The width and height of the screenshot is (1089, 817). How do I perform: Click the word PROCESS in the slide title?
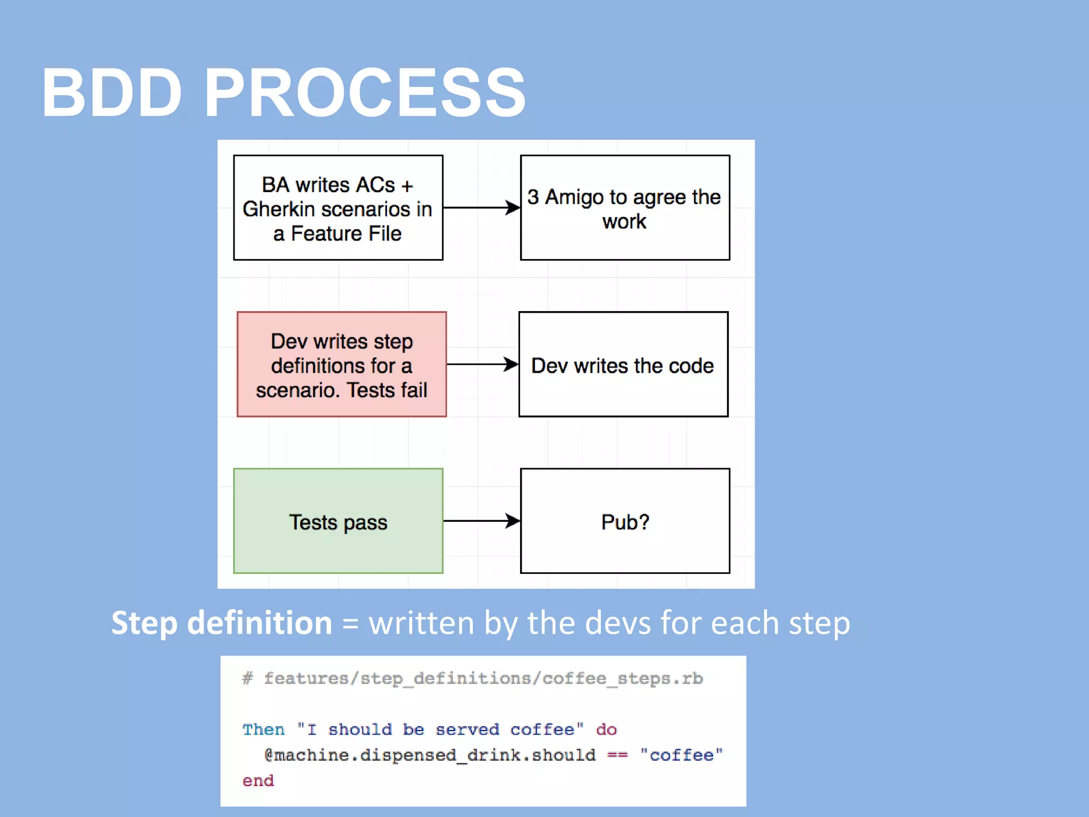pos(365,92)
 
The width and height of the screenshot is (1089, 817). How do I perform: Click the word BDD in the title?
pos(112,92)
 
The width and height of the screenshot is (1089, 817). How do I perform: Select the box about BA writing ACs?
pos(338,207)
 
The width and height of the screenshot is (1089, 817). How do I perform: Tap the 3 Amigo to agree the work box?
pos(625,207)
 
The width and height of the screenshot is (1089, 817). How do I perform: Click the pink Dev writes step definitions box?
pos(341,364)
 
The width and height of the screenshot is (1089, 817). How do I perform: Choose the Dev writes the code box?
pos(623,364)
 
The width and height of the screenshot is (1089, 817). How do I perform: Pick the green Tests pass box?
pos(338,521)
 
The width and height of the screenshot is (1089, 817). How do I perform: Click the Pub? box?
pos(625,521)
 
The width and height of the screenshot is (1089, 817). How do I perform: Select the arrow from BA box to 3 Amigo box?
pos(481,207)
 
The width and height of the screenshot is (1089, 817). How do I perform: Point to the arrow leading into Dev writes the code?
pos(482,364)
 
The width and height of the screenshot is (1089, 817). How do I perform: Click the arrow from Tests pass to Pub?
pos(481,521)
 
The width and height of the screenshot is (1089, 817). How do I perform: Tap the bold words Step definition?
pos(221,623)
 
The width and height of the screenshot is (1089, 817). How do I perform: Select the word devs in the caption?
pos(617,623)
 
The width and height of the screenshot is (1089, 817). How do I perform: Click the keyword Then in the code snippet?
pos(264,729)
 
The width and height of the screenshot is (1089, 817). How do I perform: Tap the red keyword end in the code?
pos(258,780)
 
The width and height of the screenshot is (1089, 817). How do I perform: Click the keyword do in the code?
pos(606,729)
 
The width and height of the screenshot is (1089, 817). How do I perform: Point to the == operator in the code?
pos(617,755)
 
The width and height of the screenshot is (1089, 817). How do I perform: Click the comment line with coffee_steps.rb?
pos(473,679)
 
